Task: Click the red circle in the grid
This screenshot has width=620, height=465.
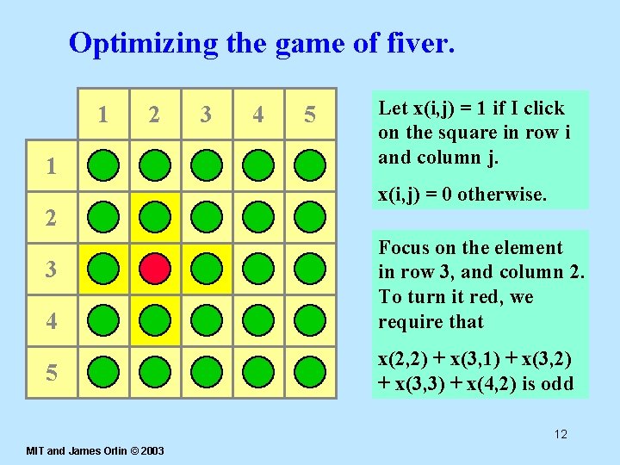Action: [x=155, y=269]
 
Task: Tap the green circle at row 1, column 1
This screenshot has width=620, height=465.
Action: [x=103, y=164]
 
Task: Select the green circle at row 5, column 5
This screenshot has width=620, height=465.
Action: [x=310, y=372]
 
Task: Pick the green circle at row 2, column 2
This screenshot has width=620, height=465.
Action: [x=155, y=217]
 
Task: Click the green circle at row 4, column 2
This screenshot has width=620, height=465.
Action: [x=155, y=320]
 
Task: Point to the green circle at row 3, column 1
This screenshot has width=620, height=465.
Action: [x=103, y=269]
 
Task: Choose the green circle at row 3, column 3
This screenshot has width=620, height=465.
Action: [x=207, y=269]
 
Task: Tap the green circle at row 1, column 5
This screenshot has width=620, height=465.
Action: [x=310, y=164]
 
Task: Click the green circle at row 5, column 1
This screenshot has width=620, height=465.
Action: [x=103, y=372]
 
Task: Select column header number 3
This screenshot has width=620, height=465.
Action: [x=206, y=115]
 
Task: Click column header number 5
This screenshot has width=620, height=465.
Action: [x=310, y=115]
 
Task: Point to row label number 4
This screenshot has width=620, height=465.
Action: [x=52, y=322]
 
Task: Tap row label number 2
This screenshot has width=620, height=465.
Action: [x=52, y=218]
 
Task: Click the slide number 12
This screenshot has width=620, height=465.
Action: [x=561, y=434]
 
